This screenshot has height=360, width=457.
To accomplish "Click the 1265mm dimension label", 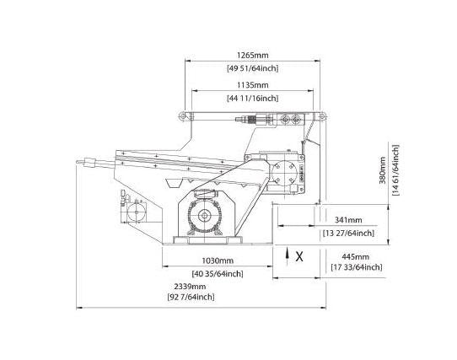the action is [252, 55].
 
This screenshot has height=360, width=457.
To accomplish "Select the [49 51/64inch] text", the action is [253, 68].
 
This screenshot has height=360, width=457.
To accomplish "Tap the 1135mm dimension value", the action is [252, 85].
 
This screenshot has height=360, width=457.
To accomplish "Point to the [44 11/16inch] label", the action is [253, 99].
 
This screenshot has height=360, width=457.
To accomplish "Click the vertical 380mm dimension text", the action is [383, 170].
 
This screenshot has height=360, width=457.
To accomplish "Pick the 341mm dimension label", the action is [348, 220].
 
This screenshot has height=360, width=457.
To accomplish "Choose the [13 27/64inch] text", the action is [348, 233].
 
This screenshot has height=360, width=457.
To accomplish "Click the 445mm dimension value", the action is [356, 257].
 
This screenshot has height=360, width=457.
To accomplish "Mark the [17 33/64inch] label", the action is [356, 267].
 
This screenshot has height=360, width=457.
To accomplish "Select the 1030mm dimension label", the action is [218, 261].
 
